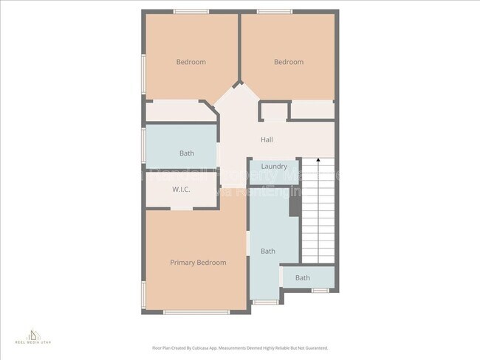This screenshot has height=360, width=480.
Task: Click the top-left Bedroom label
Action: pos(191,62)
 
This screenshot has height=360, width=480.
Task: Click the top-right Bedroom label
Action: pos(289,62)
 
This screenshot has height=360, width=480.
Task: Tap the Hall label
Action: pos(267,139)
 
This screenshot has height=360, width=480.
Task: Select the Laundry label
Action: pos(274,167)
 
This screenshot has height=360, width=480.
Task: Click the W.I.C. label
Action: pos(182,190)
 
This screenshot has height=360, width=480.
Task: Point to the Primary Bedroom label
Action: pos(198,263)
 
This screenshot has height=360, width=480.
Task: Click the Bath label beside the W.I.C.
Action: pos(187,153)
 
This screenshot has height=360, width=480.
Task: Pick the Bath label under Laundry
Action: pos(267,252)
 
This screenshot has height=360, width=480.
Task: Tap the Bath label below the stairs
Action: pos(303,278)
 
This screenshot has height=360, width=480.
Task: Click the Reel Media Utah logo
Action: pos(35,336)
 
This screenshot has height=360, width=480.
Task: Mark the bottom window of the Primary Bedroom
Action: pos(185,312)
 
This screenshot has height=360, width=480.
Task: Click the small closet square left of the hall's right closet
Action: pos(274,111)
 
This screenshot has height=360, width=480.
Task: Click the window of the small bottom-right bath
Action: pos(320,291)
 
